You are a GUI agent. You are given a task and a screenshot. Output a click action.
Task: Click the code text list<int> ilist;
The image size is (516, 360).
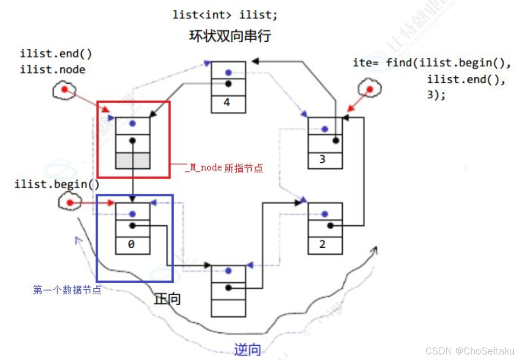click(225, 14)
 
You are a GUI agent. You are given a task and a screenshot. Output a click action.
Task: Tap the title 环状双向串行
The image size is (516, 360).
click(230, 36)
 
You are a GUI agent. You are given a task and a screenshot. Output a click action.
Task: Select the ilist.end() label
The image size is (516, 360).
click(56, 54)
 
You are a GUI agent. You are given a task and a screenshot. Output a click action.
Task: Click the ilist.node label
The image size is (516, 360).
click(52, 69)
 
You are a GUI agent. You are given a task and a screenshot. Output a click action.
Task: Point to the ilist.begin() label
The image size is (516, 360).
click(57, 185)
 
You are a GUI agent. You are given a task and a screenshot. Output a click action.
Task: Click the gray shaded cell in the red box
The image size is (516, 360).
click(132, 161)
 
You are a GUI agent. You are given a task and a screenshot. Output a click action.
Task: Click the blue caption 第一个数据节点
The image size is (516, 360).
click(67, 290)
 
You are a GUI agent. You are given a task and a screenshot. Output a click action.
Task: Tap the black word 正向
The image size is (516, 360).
click(168, 299)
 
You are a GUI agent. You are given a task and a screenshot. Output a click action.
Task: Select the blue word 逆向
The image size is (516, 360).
click(247, 350)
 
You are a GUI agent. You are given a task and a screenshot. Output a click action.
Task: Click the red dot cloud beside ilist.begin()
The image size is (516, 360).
click(70, 203)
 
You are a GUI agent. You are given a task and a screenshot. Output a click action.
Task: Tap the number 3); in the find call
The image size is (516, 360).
click(436, 96)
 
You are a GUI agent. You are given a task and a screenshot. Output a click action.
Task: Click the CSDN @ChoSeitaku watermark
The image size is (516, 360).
click(470, 351)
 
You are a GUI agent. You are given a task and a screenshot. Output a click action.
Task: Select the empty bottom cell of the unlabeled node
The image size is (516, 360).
click(228, 307)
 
